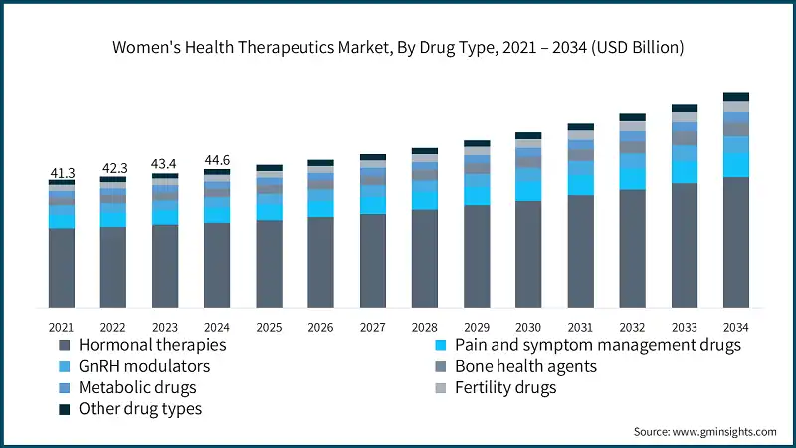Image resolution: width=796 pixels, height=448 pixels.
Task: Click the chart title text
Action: tap(398, 47)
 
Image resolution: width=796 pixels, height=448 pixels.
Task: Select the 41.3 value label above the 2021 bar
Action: tap(62, 173)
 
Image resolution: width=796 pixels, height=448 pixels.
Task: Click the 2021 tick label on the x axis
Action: tap(62, 327)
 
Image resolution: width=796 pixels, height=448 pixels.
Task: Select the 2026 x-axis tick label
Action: tap(320, 327)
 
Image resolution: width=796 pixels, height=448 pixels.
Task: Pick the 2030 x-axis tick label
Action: tap(528, 327)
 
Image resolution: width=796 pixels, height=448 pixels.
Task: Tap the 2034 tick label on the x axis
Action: tap(735, 327)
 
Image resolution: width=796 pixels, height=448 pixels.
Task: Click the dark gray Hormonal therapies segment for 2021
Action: tap(62, 268)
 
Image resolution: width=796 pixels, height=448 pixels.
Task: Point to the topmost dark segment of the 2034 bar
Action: tap(735, 97)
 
